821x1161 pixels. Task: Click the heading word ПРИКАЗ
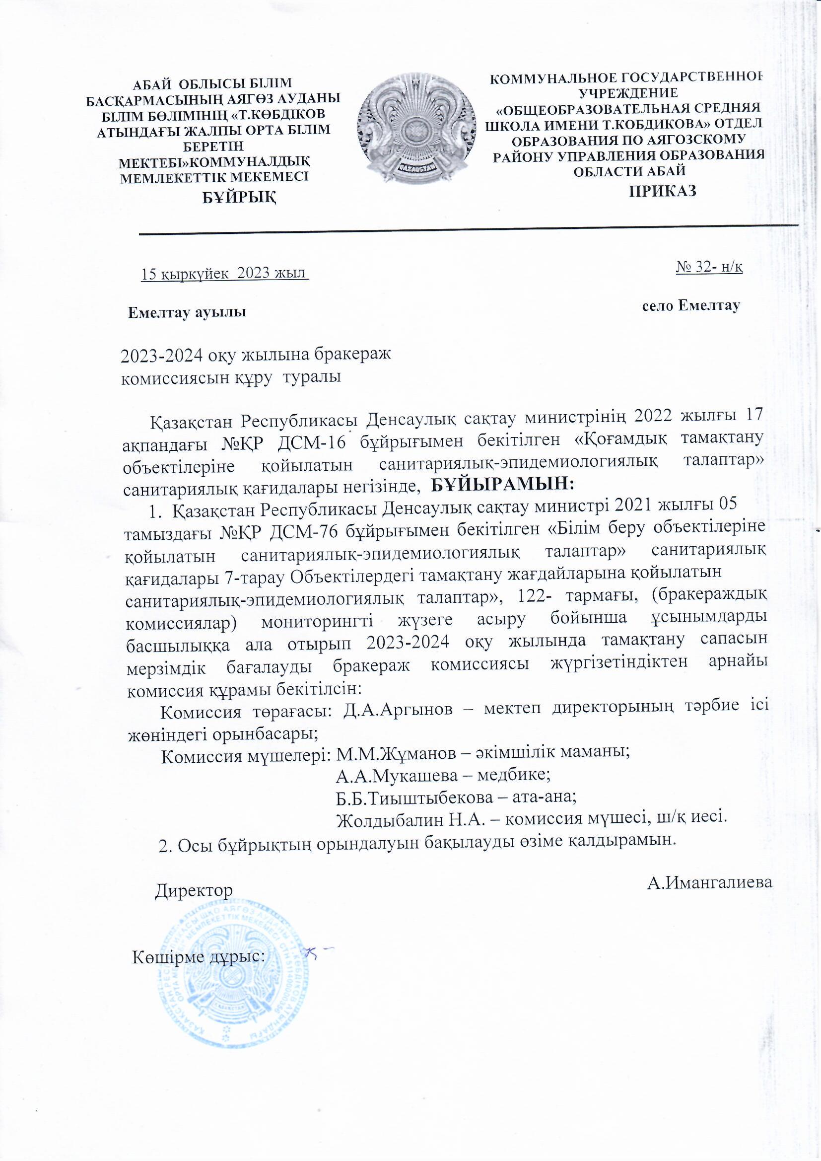pos(663,191)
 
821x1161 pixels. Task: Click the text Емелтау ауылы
pos(187,312)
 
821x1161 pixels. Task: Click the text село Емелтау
pos(691,305)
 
